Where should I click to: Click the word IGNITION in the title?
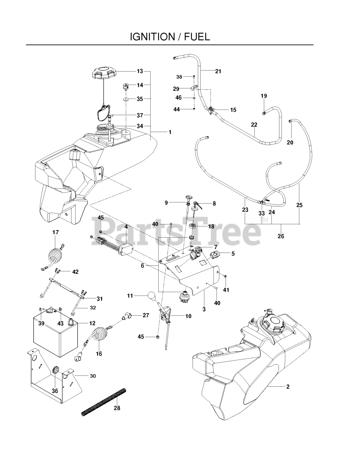click(152, 37)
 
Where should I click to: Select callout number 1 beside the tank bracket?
click(170, 132)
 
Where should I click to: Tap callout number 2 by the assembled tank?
click(288, 387)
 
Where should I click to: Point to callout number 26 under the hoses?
click(281, 236)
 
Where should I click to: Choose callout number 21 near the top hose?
click(218, 71)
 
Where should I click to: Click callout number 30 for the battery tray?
click(93, 376)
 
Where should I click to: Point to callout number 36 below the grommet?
click(55, 391)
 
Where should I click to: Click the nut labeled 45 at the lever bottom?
click(158, 337)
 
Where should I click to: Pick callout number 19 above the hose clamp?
click(264, 96)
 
